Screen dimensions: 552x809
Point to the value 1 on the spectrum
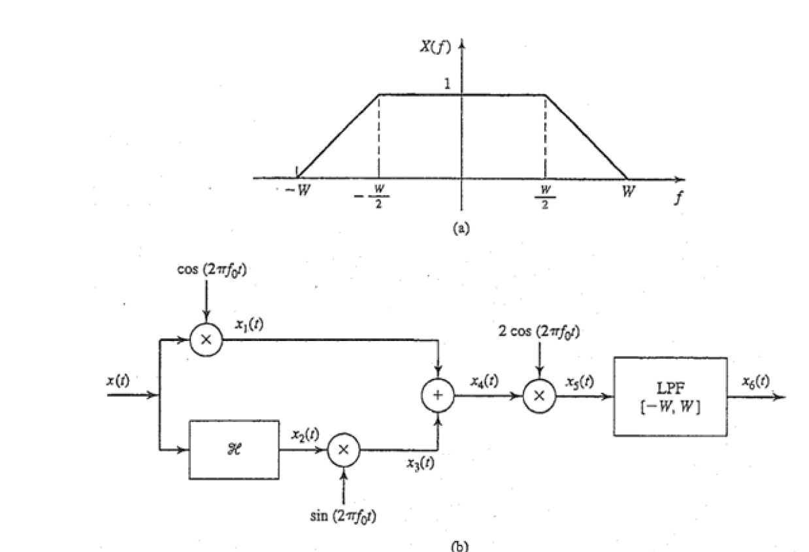(x=448, y=84)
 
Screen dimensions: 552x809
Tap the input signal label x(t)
(x=120, y=381)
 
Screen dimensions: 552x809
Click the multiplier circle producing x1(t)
(x=206, y=340)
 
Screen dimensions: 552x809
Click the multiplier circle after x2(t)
(x=343, y=451)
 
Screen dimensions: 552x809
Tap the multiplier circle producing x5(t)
(x=539, y=395)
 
